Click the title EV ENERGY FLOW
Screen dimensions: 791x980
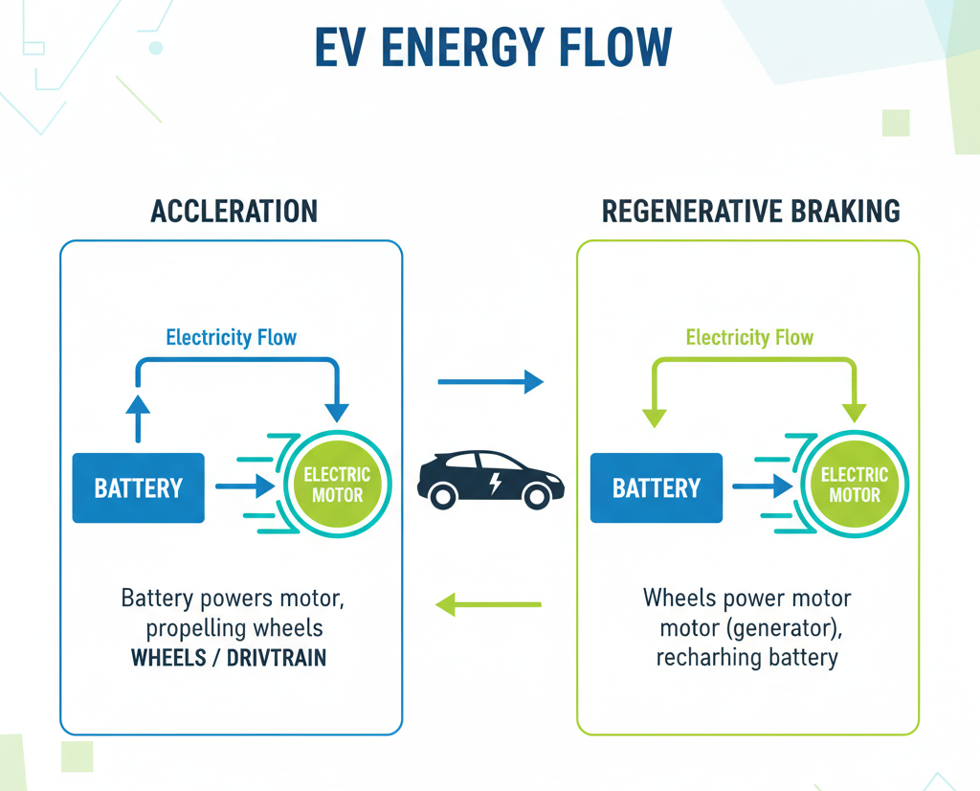pyautogui.click(x=493, y=49)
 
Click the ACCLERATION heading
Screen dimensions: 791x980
pyautogui.click(x=234, y=211)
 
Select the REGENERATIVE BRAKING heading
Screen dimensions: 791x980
pyautogui.click(x=750, y=211)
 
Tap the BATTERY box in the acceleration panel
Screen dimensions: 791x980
pyautogui.click(x=138, y=488)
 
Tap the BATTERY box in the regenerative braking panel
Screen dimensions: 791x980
pyautogui.click(x=656, y=488)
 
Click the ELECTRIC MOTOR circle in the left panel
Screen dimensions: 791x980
pyautogui.click(x=337, y=486)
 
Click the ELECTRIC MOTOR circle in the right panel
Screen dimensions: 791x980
pyautogui.click(x=855, y=486)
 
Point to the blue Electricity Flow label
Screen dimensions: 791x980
pyautogui.click(x=231, y=337)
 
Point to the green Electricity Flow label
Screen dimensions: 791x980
pyautogui.click(x=749, y=337)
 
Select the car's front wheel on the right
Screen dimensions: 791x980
pyautogui.click(x=538, y=495)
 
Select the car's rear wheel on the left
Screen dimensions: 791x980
pyautogui.click(x=442, y=495)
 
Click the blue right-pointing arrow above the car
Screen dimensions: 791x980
pyautogui.click(x=490, y=382)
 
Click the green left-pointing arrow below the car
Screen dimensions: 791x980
pyautogui.click(x=488, y=604)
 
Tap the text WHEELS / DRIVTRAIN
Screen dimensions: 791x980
pyautogui.click(x=229, y=659)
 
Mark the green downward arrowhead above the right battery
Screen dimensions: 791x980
pyautogui.click(x=655, y=417)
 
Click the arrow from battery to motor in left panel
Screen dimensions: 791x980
pyautogui.click(x=245, y=487)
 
